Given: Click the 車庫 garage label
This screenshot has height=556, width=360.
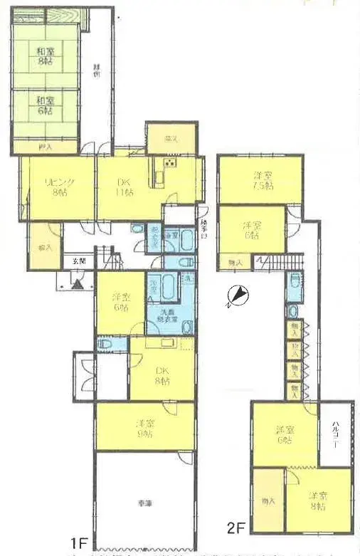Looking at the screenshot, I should point(146,503).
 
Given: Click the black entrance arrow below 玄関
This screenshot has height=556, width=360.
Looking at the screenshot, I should point(77,283).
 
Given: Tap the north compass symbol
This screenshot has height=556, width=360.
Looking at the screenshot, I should point(238,294).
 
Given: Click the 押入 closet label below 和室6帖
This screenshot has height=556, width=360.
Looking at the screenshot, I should point(45,147).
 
